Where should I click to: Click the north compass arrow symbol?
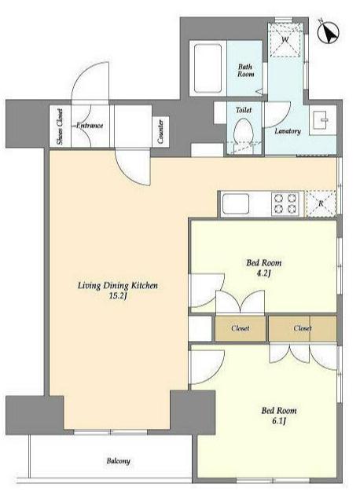click(x=329, y=32)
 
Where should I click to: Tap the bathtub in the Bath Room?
click(x=208, y=68)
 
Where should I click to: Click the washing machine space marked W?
click(x=285, y=40)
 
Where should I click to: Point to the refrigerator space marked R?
click(x=321, y=203)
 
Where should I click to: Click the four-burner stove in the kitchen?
click(x=285, y=204)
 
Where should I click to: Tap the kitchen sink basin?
click(x=236, y=204)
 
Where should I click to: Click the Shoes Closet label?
click(x=60, y=126)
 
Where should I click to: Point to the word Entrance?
click(x=90, y=126)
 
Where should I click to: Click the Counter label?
click(x=160, y=131)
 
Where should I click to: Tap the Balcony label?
click(x=118, y=461)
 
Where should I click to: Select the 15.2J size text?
click(x=118, y=296)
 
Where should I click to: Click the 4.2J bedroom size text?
click(x=263, y=273)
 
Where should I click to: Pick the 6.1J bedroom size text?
click(x=279, y=421)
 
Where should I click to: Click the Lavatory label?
click(x=288, y=131)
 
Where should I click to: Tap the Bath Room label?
click(x=245, y=70)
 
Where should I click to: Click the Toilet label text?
click(x=244, y=110)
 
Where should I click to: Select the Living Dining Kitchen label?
click(x=118, y=285)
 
